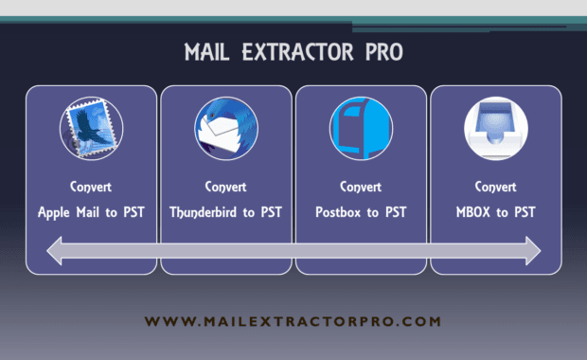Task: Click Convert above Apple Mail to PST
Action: point(91,186)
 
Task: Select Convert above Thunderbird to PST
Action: point(225,186)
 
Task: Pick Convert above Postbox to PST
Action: point(361,186)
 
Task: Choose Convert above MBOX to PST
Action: point(495,186)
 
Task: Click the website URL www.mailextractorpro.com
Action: point(294,322)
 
